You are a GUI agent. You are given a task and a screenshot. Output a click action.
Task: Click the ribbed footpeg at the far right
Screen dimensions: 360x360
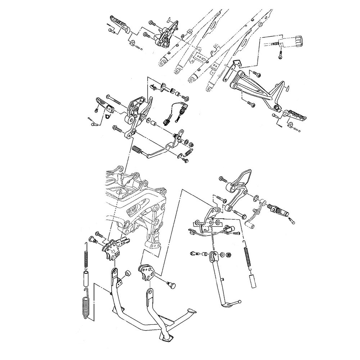click(x=298, y=117)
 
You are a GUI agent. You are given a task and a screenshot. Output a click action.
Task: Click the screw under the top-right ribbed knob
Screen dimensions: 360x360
click(x=280, y=56)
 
